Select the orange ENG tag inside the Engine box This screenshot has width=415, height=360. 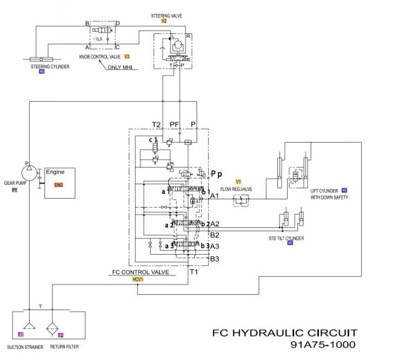coord(59,186)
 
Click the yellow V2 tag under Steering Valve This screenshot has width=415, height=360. coord(164,21)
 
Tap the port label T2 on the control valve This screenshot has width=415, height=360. coord(156,125)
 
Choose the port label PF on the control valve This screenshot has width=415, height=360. coord(174,125)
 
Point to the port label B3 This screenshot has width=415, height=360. coord(214,259)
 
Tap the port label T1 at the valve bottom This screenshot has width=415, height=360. coord(195,272)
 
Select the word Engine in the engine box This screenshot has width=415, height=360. coord(55,171)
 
